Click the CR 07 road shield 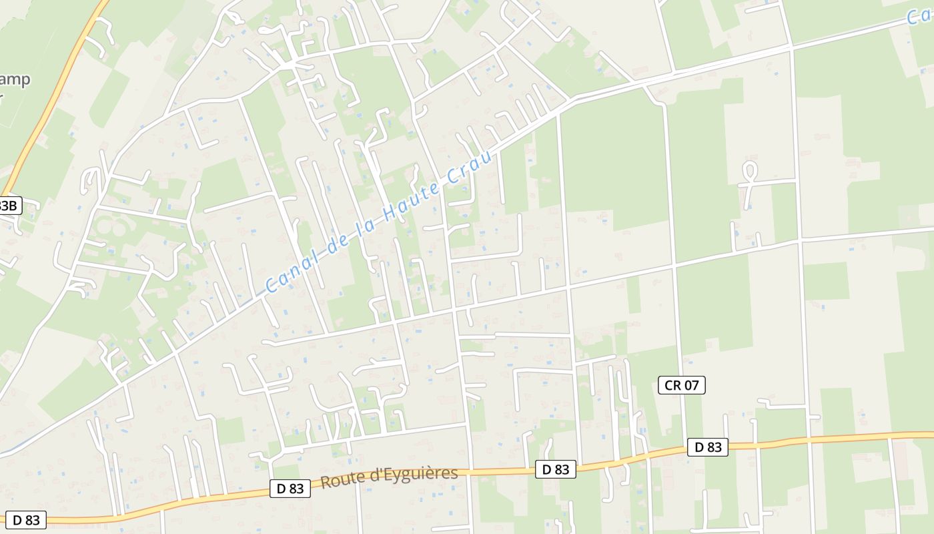[681, 384]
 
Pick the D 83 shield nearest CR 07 [708, 447]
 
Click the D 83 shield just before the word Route [290, 489]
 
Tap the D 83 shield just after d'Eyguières [555, 470]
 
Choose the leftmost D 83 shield [26, 519]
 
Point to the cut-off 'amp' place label [15, 80]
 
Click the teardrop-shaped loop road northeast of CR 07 [749, 172]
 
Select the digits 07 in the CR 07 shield [690, 384]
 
